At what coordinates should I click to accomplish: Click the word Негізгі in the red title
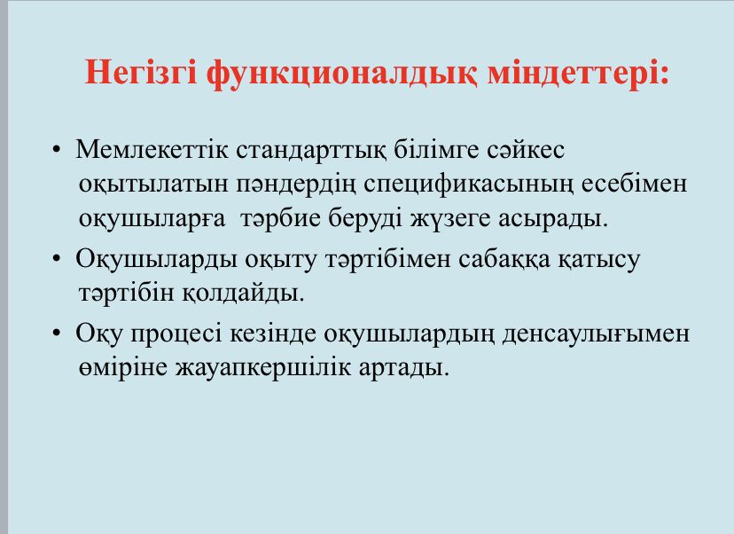141,72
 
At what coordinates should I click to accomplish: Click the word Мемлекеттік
152,149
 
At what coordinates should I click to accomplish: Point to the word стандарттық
311,151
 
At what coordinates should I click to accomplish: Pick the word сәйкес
526,149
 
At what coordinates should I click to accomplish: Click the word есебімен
635,183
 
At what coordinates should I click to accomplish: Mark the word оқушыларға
152,219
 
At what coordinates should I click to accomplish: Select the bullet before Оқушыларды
57,258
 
